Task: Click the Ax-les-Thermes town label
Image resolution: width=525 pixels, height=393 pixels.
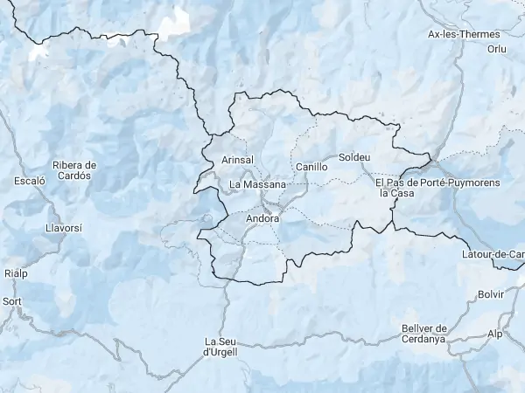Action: [457, 35]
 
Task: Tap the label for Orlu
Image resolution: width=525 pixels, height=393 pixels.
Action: [497, 50]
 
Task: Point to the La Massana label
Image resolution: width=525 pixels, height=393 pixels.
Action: [257, 185]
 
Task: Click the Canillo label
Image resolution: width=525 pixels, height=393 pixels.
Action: [311, 166]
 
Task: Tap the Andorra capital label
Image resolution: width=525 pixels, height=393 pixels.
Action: [263, 218]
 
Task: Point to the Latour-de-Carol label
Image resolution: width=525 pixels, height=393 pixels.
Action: [493, 254]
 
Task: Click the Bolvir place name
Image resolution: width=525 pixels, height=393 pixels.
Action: [492, 294]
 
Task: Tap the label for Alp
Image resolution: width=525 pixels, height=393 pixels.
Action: [496, 334]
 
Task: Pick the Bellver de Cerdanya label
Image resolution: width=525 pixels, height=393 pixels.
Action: [424, 333]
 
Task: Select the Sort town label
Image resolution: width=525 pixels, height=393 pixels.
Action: [12, 301]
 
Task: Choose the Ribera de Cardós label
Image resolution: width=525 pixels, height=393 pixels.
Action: [73, 169]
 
